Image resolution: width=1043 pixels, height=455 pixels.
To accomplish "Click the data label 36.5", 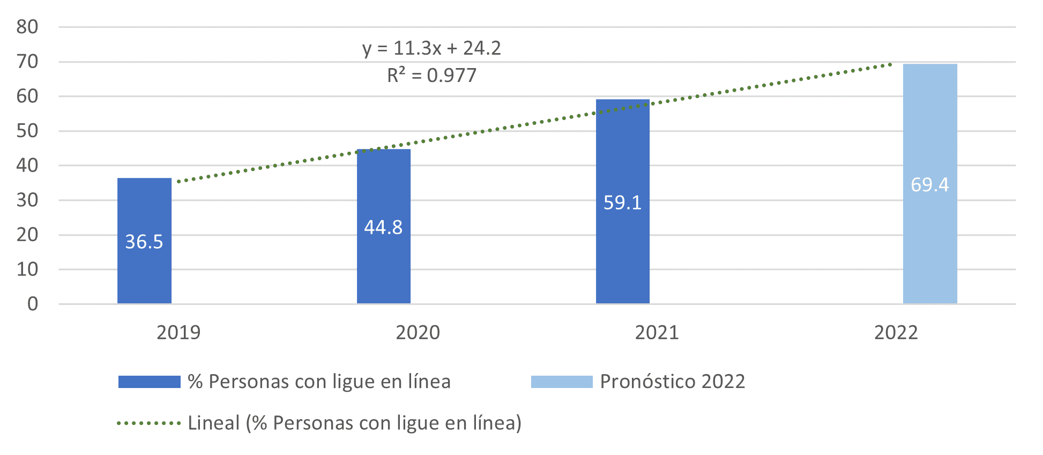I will pyautogui.click(x=144, y=242).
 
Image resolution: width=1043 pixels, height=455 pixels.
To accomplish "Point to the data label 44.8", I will pyautogui.click(x=383, y=227).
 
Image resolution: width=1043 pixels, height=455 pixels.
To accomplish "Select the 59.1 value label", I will pyautogui.click(x=622, y=203).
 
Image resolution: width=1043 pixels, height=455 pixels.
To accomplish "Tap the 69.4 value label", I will pyautogui.click(x=930, y=185).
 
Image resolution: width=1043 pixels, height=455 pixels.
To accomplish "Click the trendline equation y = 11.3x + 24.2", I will pyautogui.click(x=431, y=48).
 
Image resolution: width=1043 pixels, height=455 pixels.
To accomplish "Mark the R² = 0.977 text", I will pyautogui.click(x=431, y=75).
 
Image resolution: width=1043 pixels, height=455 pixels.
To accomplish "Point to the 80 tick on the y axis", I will pyautogui.click(x=27, y=27).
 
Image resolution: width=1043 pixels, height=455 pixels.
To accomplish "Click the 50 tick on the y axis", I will pyautogui.click(x=27, y=131).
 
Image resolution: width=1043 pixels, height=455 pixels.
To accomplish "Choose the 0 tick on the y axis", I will pyautogui.click(x=33, y=304).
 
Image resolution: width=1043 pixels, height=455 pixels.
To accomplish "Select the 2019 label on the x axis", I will pyautogui.click(x=178, y=333).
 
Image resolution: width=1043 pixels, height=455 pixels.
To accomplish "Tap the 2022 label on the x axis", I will pyautogui.click(x=896, y=333).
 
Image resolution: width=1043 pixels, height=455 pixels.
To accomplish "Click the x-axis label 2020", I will pyautogui.click(x=418, y=333).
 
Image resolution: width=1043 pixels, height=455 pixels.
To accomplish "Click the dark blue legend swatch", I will pyautogui.click(x=149, y=382).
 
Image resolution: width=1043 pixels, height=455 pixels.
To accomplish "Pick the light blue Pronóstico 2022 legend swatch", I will pyautogui.click(x=562, y=382).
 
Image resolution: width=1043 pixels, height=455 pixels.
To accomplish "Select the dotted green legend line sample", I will pyautogui.click(x=149, y=423).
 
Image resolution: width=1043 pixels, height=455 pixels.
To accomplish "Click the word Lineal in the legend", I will pyautogui.click(x=213, y=423).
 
